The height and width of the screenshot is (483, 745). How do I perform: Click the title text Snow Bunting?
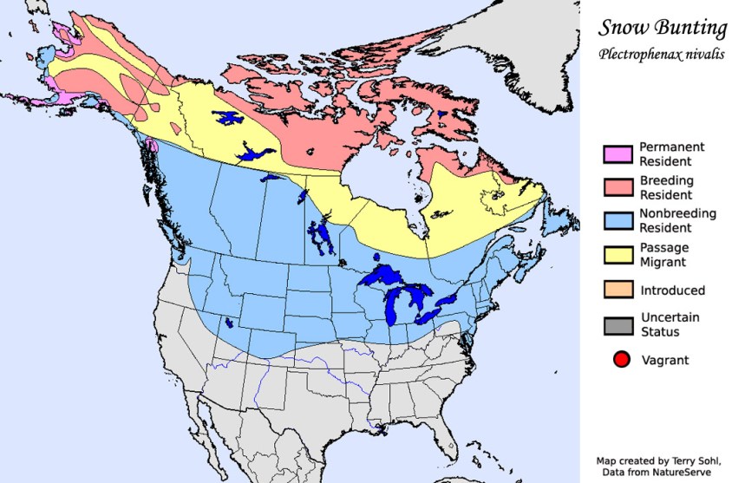click(662, 28)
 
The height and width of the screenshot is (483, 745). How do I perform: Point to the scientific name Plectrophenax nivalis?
click(662, 54)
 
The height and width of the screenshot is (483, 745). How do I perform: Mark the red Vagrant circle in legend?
click(620, 358)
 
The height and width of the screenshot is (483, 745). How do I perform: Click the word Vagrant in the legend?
click(664, 359)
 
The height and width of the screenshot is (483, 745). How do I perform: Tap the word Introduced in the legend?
click(672, 290)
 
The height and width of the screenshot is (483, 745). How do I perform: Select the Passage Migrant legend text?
click(663, 254)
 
